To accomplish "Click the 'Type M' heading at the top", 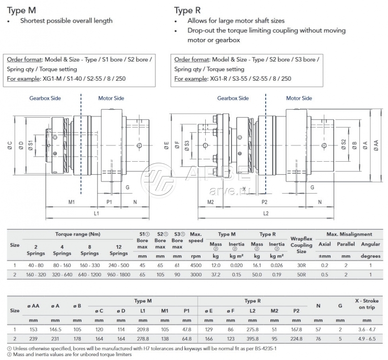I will tap(21, 10).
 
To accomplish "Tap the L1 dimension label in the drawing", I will tap(96, 213).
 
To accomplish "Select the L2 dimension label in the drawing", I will tap(265, 213).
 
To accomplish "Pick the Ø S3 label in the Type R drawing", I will tap(187, 146).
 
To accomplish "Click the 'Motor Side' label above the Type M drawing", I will tap(111, 98).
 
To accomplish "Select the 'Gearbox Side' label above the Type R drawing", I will tap(233, 98).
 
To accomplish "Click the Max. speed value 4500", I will tap(196, 265).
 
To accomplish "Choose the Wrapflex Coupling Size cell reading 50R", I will tap(301, 274).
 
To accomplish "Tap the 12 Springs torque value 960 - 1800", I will tap(119, 274).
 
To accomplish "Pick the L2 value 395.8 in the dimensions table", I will tap(254, 338).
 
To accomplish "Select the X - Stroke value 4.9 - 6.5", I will tap(367, 338).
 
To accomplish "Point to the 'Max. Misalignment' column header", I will tap(350, 234).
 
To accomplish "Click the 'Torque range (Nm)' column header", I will tap(78, 234).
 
